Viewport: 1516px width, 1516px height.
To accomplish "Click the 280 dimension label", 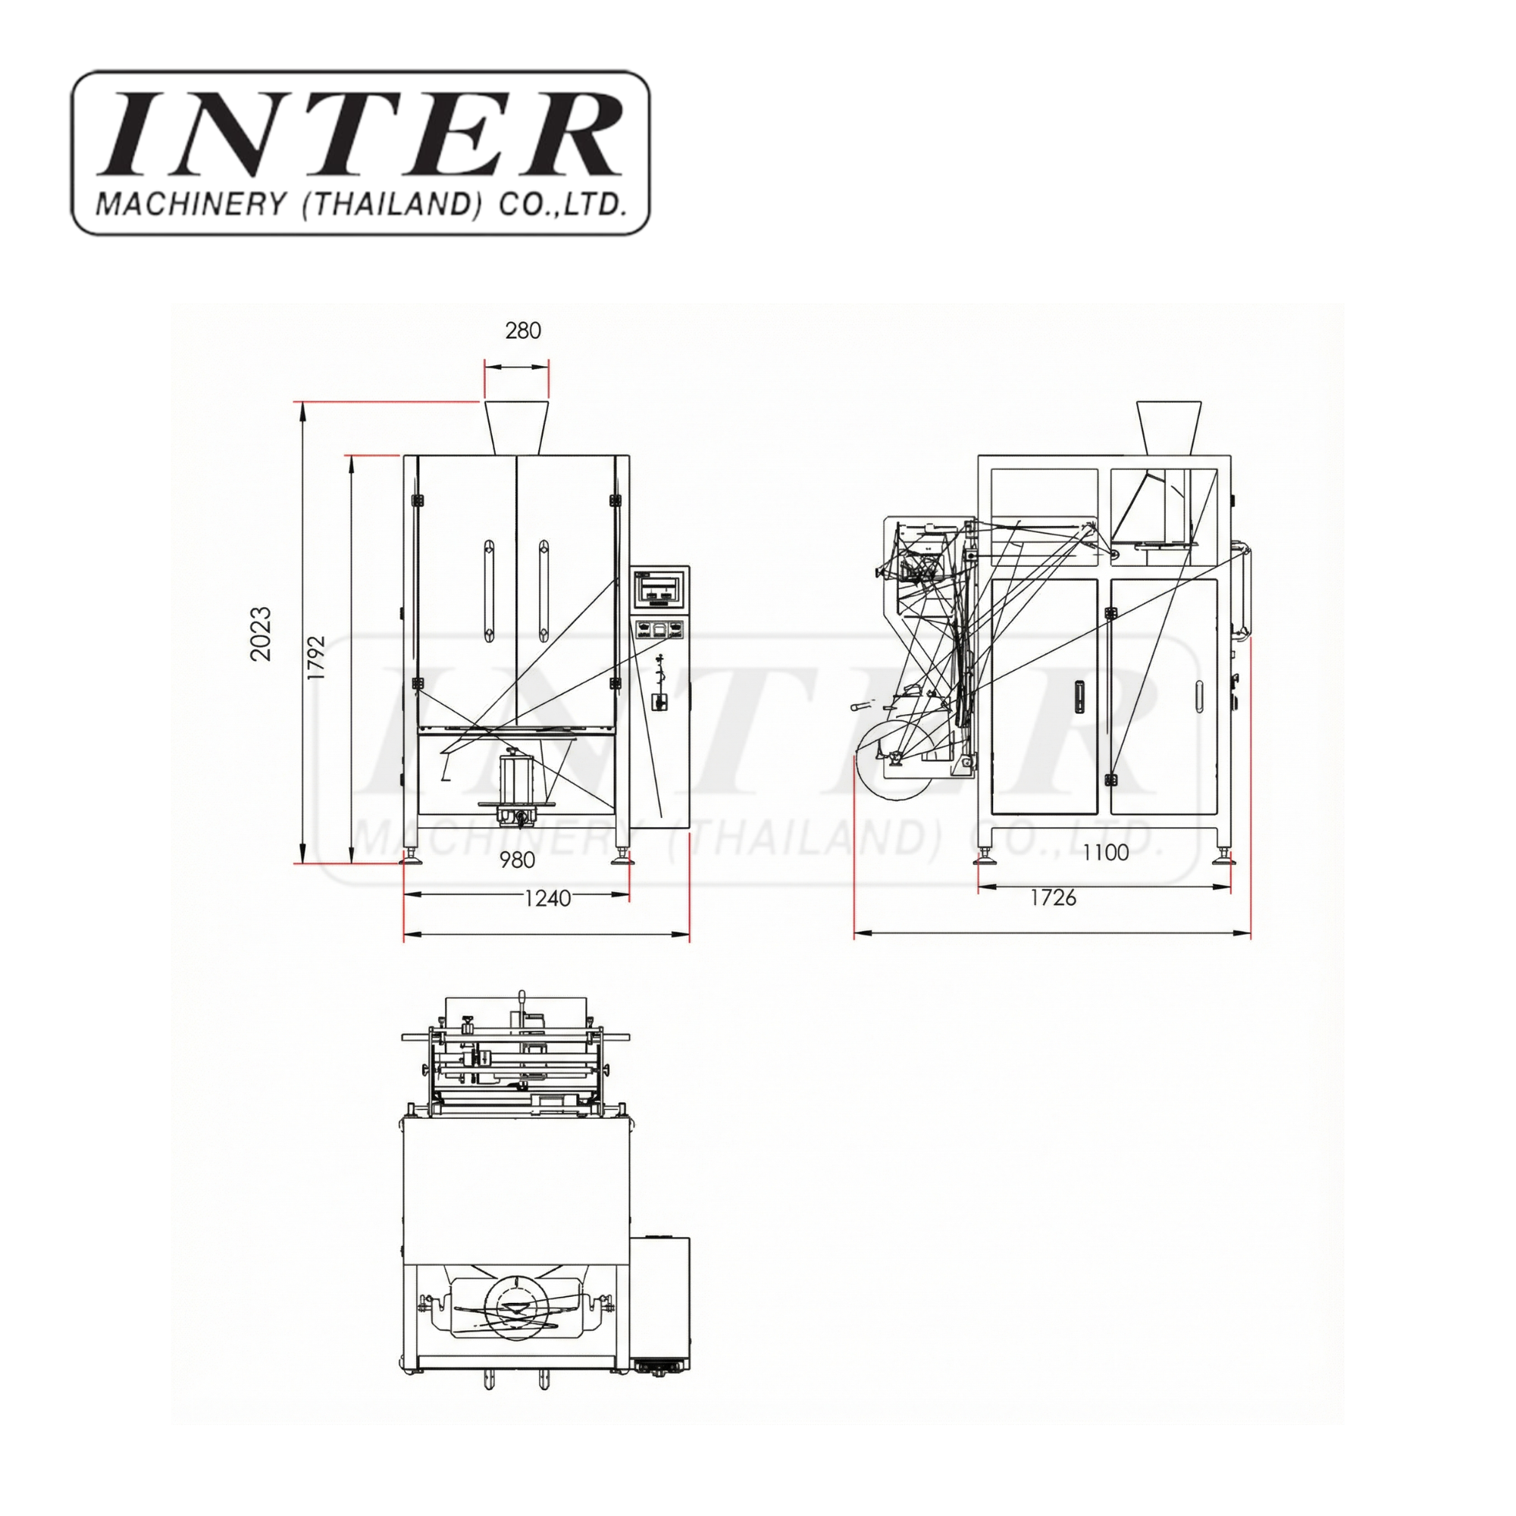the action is click(x=522, y=330).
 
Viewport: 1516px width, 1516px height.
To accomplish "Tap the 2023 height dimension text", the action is click(x=261, y=633).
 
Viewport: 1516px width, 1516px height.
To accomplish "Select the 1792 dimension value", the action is click(x=315, y=657).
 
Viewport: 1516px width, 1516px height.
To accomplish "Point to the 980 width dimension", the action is click(x=517, y=860).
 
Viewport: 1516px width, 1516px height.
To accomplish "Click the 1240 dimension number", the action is click(x=547, y=897).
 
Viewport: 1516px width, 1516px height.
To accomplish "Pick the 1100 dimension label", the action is click(x=1106, y=852).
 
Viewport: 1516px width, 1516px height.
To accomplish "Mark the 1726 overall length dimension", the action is click(x=1053, y=897).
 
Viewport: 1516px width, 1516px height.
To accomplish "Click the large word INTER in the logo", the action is click(x=360, y=134).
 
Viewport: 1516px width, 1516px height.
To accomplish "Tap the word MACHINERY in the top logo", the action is click(x=191, y=204).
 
